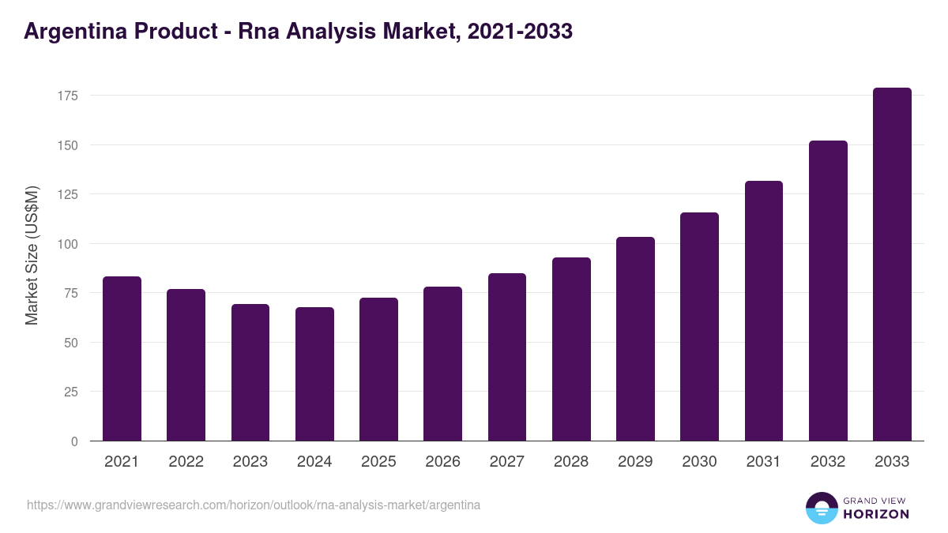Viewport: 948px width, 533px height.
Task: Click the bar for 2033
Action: pyautogui.click(x=892, y=265)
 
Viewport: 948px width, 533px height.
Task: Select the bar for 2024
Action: pyautogui.click(x=314, y=374)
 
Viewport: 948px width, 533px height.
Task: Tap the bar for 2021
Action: pyautogui.click(x=122, y=358)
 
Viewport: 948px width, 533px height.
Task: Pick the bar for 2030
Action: pyautogui.click(x=699, y=327)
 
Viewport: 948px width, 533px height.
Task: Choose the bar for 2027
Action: pyautogui.click(x=506, y=357)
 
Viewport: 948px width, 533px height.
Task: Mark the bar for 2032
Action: pyautogui.click(x=828, y=291)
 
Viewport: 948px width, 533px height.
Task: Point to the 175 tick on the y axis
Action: pyautogui.click(x=69, y=96)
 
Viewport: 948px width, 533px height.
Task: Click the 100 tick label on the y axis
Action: pyautogui.click(x=69, y=244)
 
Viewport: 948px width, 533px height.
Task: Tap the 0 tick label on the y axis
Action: pyautogui.click(x=75, y=441)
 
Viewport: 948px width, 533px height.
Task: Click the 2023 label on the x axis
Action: pyautogui.click(x=250, y=462)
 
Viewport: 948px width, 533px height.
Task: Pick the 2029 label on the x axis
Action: pyautogui.click(x=635, y=462)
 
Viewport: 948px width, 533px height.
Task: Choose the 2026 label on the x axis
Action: pyautogui.click(x=442, y=462)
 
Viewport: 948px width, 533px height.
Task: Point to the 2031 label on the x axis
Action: pyautogui.click(x=764, y=462)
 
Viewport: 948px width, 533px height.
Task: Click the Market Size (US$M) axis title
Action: pyautogui.click(x=32, y=255)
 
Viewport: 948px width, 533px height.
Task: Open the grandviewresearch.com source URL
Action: pyautogui.click(x=253, y=505)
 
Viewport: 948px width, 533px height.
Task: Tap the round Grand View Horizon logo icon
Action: pyautogui.click(x=821, y=508)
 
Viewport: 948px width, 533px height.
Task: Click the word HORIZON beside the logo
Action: pyautogui.click(x=876, y=514)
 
